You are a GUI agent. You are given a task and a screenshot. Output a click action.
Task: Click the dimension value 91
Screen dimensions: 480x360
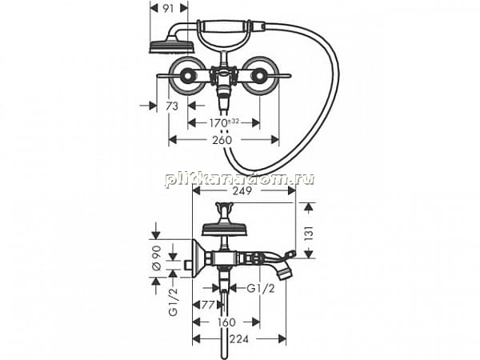point(168,9)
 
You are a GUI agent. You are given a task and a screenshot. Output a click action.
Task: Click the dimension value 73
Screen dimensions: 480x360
point(172,106)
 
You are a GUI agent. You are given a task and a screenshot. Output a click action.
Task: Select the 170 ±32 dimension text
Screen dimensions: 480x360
point(224,123)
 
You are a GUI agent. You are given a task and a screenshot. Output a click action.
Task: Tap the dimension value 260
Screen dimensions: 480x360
point(222,140)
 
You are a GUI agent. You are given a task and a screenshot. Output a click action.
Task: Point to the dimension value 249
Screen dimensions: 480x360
point(242,190)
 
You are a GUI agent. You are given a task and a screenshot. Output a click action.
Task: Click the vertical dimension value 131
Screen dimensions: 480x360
point(309,233)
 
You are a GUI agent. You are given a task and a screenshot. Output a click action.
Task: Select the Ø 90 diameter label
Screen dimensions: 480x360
point(157,258)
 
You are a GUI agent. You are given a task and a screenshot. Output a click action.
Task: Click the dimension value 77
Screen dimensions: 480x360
point(208,305)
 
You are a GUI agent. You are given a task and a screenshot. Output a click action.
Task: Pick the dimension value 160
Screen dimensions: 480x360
point(226,322)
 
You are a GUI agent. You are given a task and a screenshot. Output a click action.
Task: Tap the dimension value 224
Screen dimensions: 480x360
point(239,339)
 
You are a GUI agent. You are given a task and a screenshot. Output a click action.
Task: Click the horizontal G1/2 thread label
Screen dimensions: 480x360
point(261,288)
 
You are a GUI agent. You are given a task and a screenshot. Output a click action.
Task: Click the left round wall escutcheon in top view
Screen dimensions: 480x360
point(187,76)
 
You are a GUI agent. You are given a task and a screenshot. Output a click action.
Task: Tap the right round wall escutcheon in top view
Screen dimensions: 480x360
point(261,76)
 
